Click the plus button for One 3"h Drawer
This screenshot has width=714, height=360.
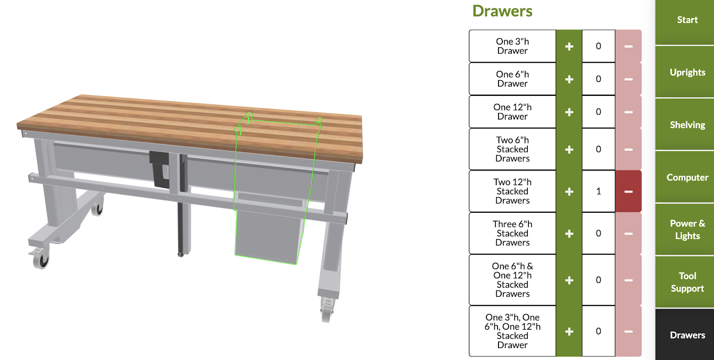569,46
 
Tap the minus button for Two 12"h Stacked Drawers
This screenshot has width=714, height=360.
628,191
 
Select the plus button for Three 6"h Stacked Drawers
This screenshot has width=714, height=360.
569,233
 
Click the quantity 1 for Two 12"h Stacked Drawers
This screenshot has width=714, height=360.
598,191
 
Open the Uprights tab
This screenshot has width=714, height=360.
687,72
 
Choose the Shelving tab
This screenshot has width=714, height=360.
687,124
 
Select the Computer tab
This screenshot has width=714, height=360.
687,177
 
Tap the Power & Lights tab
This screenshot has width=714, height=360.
687,229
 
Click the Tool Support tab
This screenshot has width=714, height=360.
687,282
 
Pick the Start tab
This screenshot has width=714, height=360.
687,20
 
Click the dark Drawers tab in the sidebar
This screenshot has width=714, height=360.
687,335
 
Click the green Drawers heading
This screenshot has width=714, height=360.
502,11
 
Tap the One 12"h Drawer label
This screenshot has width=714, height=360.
512,112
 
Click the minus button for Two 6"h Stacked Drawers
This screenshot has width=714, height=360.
628,149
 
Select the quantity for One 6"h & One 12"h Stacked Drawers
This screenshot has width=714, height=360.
598,280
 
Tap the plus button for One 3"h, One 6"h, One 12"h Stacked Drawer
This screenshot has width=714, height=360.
569,331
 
